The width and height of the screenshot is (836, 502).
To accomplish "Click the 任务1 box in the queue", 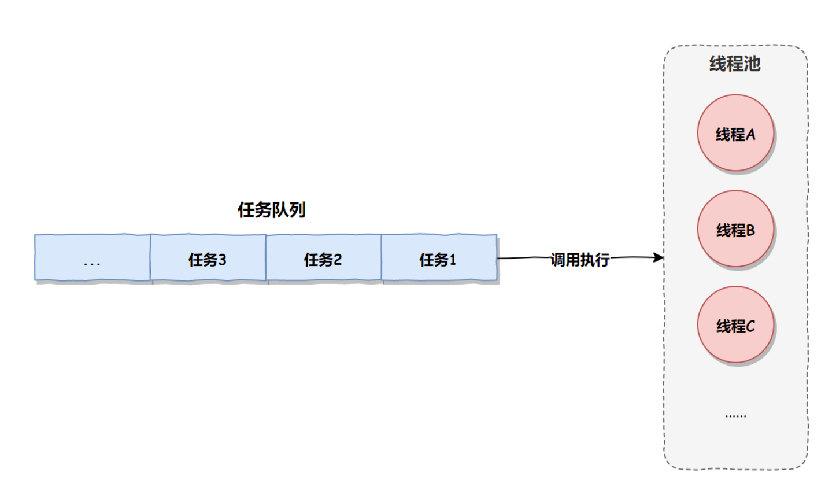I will pos(439,258).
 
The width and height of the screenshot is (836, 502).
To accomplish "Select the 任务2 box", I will pos(323,258).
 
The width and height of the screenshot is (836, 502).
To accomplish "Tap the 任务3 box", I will pos(208,258).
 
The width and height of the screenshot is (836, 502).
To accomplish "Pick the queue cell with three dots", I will pos(93,258).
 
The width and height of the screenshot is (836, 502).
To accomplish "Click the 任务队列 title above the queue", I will pos(271,209).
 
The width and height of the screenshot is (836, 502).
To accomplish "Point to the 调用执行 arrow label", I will pos(580,260).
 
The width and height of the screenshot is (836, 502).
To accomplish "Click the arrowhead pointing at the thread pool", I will pos(659,257).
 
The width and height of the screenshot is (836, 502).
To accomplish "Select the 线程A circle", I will pos(735,133).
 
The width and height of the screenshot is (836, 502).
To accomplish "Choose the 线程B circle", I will pos(735,229).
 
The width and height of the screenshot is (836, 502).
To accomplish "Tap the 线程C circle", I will pos(735,325).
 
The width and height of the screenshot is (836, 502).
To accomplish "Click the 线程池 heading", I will pos(735,64).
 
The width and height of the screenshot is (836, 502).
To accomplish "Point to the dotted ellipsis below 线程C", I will pos(735,415).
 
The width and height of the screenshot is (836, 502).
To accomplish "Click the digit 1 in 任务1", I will pos(453,260).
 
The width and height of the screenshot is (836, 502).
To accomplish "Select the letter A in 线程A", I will pos(750,135).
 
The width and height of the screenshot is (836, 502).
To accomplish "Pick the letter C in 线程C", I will pos(750,327).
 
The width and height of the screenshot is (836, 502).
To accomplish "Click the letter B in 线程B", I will pos(750,231).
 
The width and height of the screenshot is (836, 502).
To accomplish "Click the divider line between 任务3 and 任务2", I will pos(266,258).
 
